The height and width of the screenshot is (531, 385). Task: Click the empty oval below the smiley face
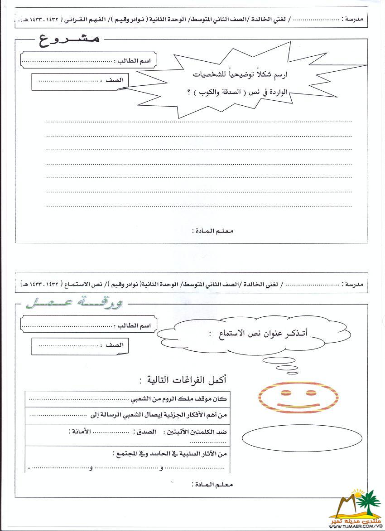click(302, 438)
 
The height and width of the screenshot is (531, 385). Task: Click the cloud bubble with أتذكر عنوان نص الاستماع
click(238, 335)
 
